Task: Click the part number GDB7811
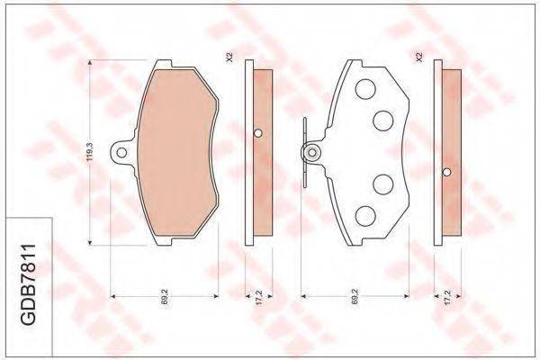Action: point(29,284)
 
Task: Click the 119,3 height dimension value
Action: point(90,152)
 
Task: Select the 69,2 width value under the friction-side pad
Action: point(165,296)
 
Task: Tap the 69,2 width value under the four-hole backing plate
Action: point(355,296)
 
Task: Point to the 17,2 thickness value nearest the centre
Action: point(259,296)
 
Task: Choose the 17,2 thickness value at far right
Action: point(447,296)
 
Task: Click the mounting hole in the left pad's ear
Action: point(121,153)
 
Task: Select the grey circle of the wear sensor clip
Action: point(312,152)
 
